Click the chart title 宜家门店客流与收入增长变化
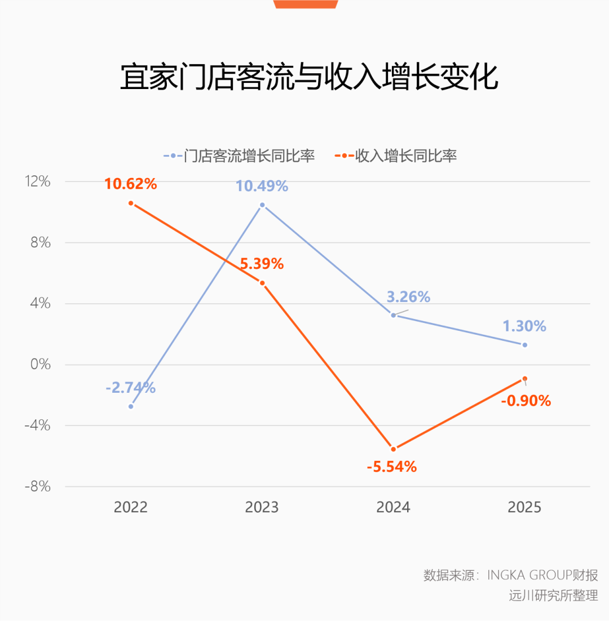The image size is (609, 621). [309, 77]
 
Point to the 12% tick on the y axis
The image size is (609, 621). [38, 182]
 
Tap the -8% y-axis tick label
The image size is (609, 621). [37, 487]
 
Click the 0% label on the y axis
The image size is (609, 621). [40, 365]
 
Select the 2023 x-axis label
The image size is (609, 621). [262, 507]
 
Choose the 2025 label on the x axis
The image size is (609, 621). [524, 507]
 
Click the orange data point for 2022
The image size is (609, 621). [131, 203]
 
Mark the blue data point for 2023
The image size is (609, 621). [262, 205]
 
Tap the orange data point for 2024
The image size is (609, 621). [394, 449]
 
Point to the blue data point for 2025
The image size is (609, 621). [524, 345]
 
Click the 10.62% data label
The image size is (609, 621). [130, 184]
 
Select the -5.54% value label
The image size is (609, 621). [391, 467]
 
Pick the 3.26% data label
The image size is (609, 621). [408, 297]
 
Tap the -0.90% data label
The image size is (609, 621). [525, 401]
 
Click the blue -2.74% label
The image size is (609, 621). [130, 388]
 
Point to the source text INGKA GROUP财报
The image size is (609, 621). [542, 575]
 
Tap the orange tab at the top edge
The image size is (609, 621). [306, 4]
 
